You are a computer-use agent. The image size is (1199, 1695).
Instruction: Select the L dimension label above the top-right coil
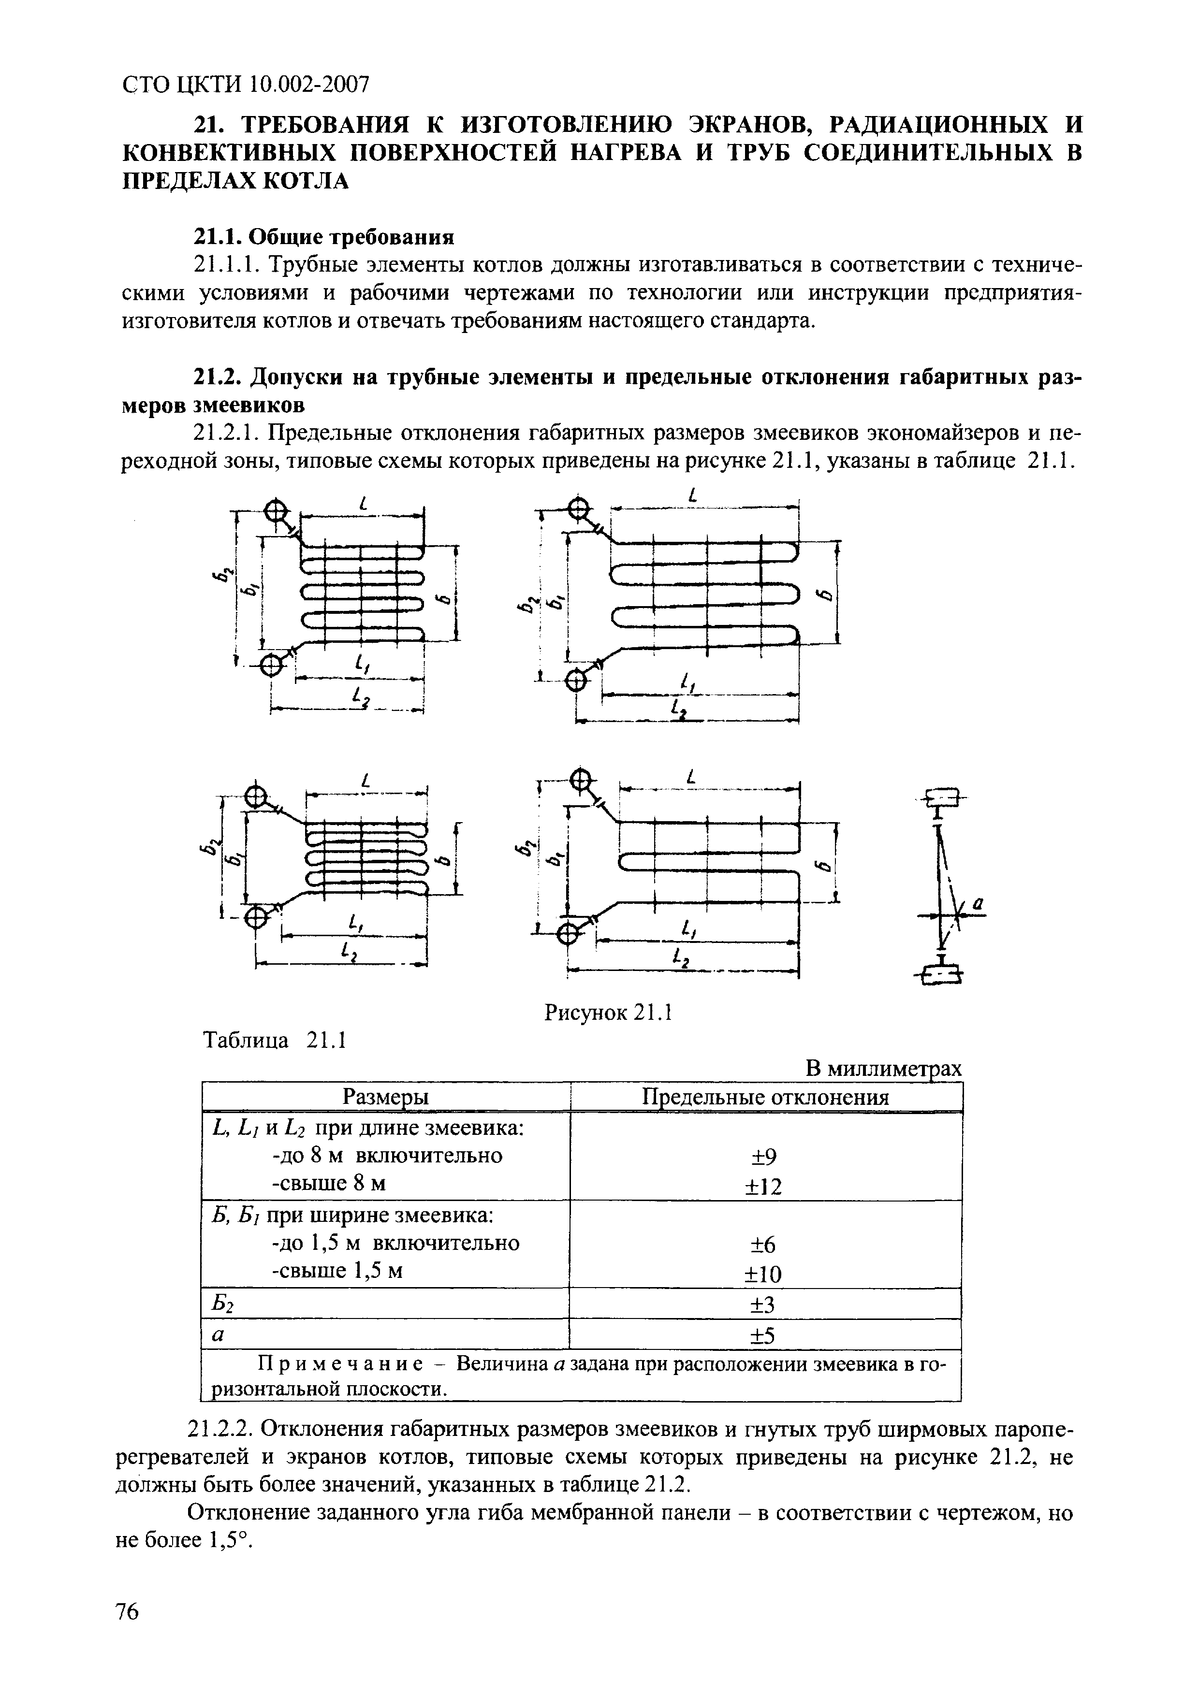(x=692, y=496)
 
